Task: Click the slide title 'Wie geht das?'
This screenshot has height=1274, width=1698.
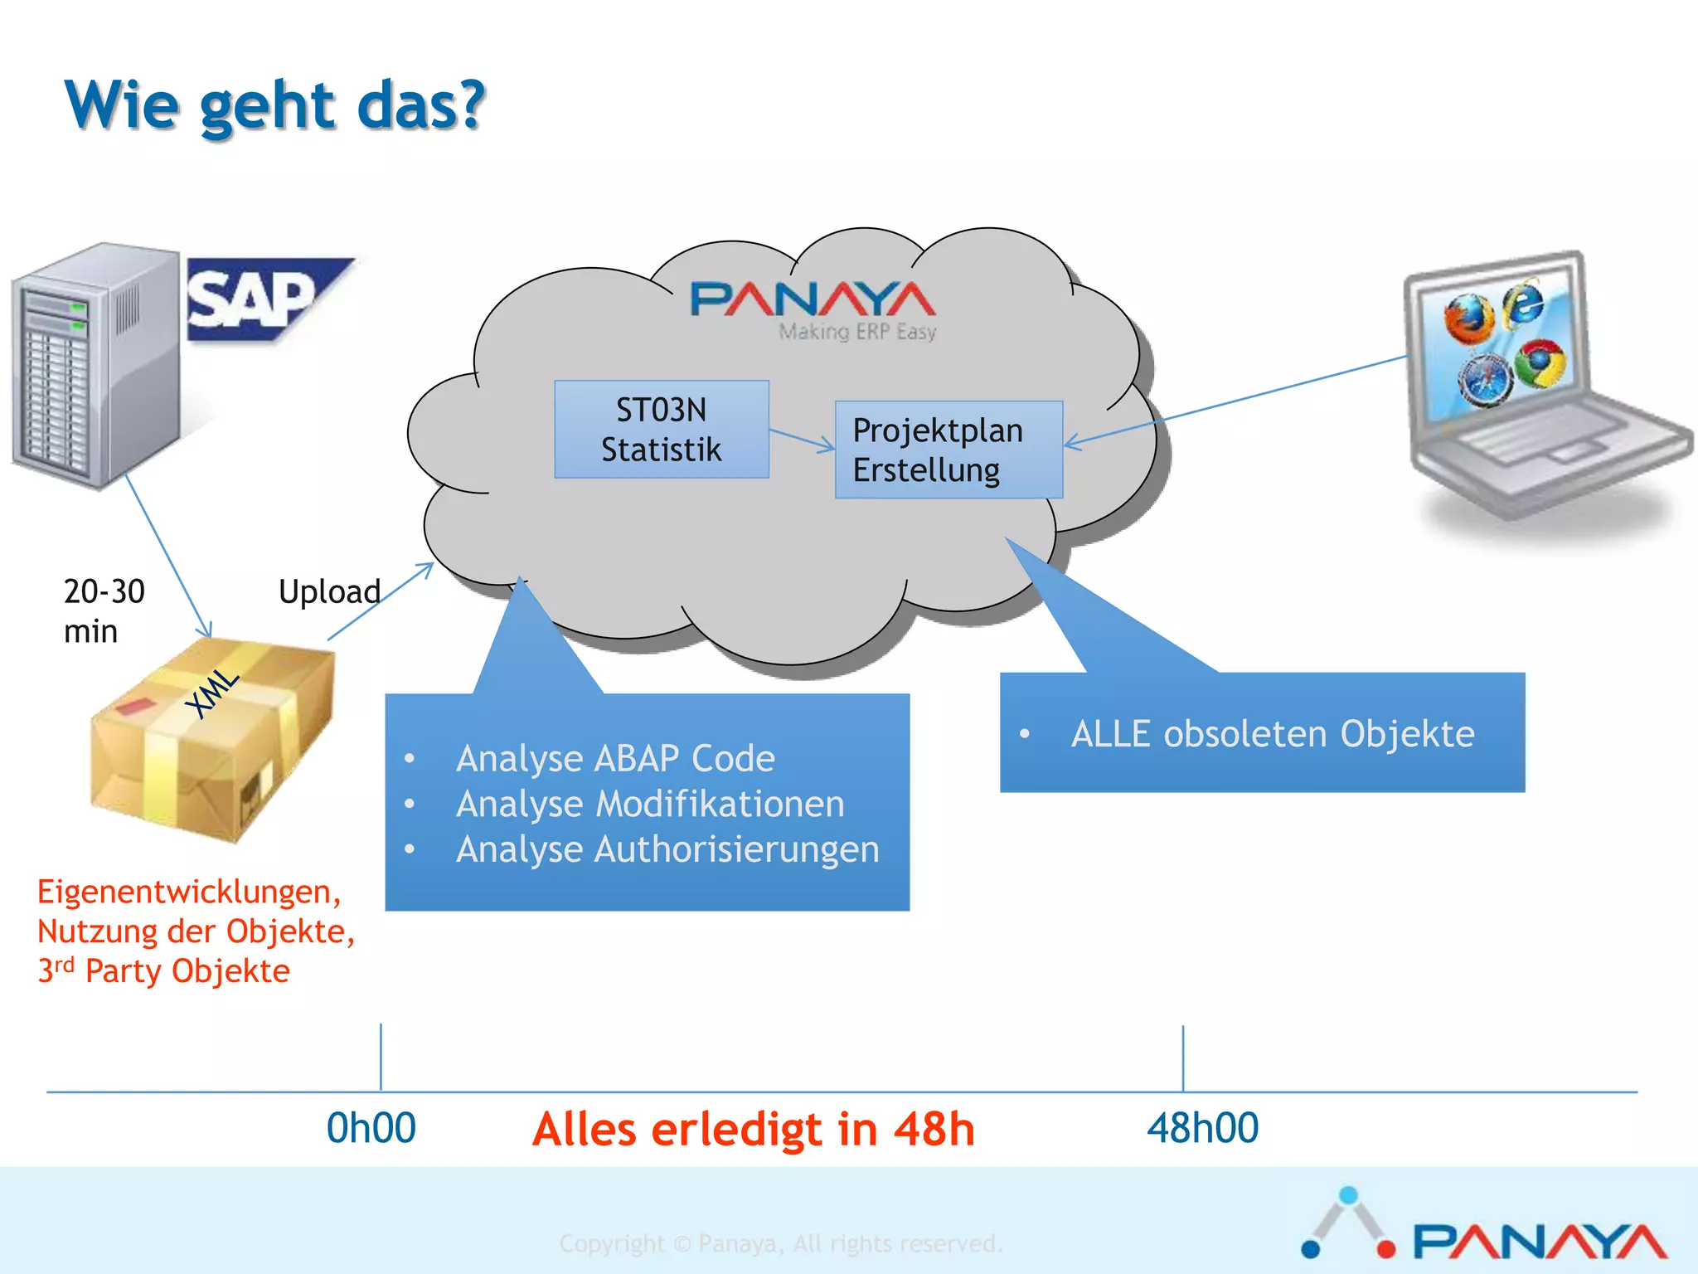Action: (274, 105)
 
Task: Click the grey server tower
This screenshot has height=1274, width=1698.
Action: (95, 365)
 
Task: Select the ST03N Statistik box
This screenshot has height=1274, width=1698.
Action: (661, 430)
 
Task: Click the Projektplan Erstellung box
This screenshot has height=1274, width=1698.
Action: (948, 450)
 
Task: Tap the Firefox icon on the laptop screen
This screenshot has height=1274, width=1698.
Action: (1468, 320)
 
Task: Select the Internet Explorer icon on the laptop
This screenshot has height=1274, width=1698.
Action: (1524, 303)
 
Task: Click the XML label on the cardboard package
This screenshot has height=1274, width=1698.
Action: (212, 693)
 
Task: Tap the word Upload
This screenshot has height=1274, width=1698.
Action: (329, 592)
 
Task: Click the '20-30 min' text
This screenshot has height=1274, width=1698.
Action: (103, 611)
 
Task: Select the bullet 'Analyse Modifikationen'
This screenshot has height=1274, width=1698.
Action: (649, 804)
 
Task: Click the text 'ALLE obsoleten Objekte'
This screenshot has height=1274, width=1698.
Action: (1272, 734)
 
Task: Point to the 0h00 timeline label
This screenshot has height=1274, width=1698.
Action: (371, 1128)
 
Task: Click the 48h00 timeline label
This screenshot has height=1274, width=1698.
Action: (1202, 1128)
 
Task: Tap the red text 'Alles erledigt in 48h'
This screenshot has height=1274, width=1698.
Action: (753, 1129)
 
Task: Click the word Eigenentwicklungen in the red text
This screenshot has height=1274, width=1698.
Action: (187, 892)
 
